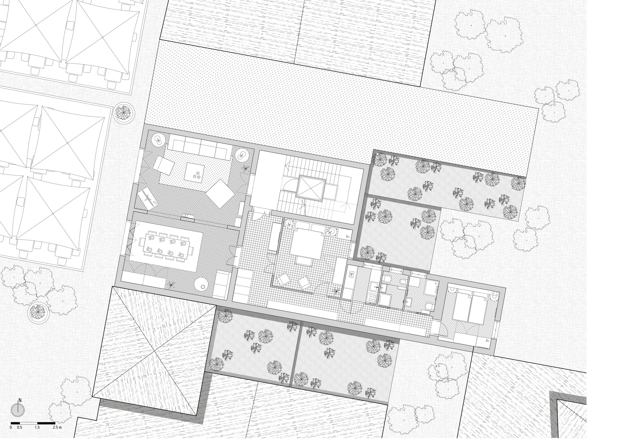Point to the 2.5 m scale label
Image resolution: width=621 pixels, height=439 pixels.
click(57, 428)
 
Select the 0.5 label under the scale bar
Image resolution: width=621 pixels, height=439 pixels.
click(19, 428)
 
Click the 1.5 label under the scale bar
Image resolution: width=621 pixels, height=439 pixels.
click(37, 428)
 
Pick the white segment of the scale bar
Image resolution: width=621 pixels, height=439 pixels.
click(28, 423)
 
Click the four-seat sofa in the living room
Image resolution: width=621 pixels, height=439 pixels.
click(200, 149)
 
